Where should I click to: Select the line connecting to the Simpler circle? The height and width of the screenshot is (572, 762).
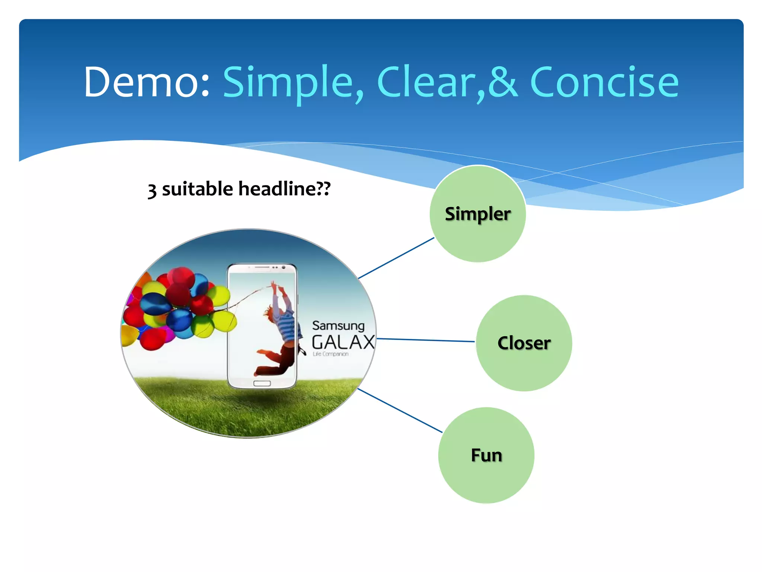pos(396,258)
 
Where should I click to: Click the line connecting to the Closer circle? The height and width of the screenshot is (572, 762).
pos(426,340)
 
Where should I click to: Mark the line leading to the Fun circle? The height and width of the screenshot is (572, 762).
pos(400,410)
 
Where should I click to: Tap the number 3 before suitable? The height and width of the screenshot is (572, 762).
pos(152,191)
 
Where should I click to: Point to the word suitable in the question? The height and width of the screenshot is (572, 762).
pos(197,189)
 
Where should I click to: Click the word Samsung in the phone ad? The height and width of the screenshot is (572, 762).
pos(338,325)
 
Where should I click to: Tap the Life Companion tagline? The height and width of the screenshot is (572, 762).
pos(330,354)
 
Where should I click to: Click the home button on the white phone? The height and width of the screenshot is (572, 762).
pos(262,384)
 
